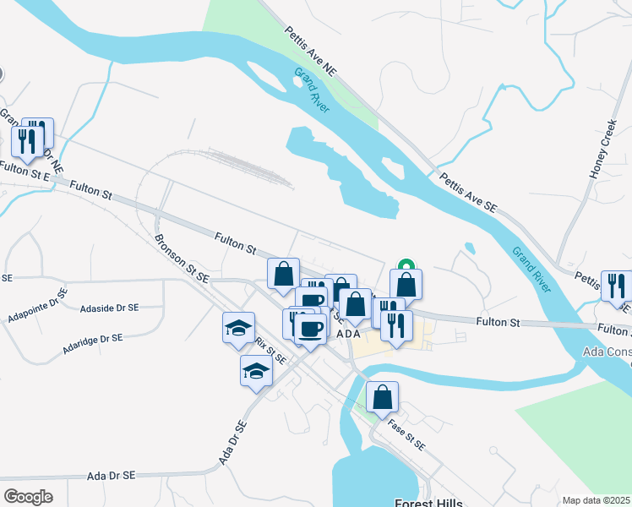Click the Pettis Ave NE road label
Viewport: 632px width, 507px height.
(310, 52)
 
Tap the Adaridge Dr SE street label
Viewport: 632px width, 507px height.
(93, 343)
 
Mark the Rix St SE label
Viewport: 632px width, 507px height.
(270, 351)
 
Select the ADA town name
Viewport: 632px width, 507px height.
(349, 335)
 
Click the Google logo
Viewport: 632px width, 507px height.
(28, 496)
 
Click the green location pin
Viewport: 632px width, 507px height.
(406, 264)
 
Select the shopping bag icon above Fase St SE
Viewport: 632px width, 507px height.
(382, 396)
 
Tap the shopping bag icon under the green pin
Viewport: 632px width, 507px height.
(406, 284)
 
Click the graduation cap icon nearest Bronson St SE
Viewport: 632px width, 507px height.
(239, 327)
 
